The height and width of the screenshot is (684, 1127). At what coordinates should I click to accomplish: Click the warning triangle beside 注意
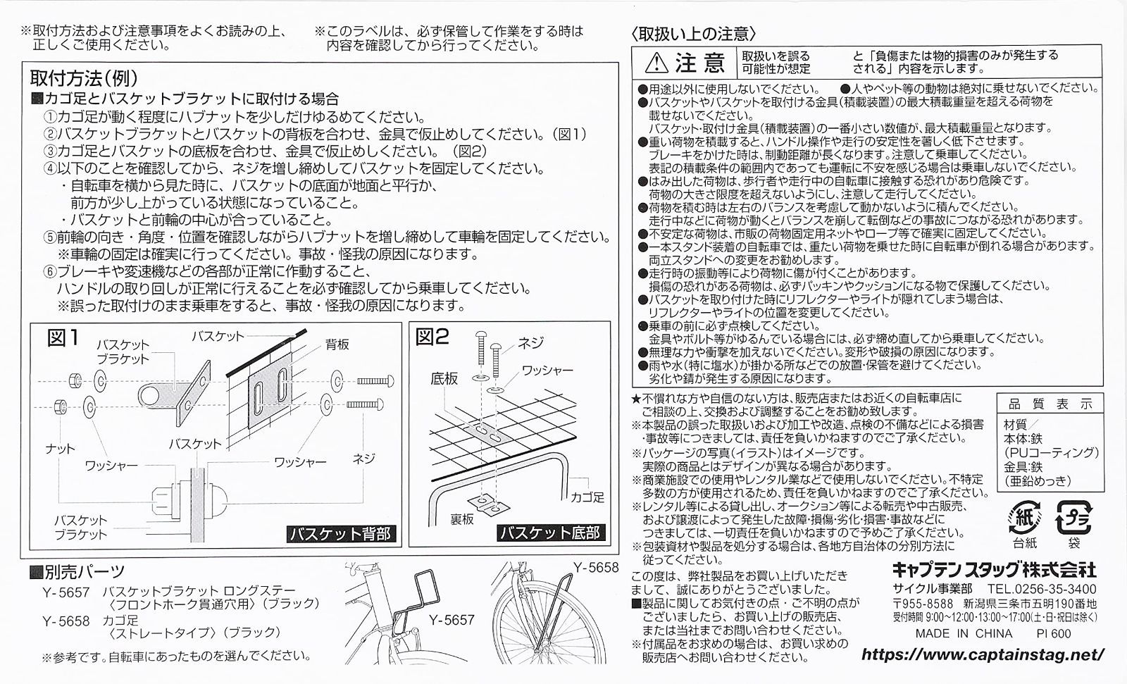[655, 64]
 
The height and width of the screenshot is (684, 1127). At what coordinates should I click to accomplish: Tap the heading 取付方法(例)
[84, 77]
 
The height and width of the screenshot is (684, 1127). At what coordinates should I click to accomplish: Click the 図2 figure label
[432, 337]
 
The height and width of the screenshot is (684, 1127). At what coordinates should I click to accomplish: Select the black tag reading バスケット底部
[549, 533]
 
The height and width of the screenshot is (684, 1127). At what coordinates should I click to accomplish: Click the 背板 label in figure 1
[337, 344]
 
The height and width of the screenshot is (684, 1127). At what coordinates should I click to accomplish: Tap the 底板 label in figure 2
[444, 379]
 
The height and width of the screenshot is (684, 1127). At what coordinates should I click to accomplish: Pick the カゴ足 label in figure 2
[588, 497]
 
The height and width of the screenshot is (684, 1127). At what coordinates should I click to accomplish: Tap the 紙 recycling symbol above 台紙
[1025, 518]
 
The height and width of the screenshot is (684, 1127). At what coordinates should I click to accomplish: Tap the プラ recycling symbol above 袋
[1073, 518]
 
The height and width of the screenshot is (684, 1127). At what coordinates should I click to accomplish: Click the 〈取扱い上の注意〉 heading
[693, 33]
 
